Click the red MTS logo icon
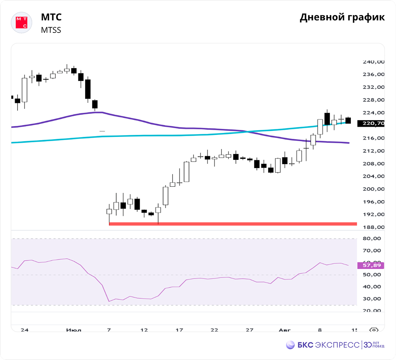click(x=21, y=23)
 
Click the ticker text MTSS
click(x=51, y=30)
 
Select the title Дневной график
click(x=342, y=17)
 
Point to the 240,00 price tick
click(x=373, y=62)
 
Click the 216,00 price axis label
click(x=373, y=138)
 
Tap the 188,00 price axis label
click(x=373, y=227)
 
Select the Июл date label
click(x=74, y=330)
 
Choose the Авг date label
click(x=284, y=330)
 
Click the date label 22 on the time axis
click(x=214, y=330)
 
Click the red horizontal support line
click(x=232, y=224)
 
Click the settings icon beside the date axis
click(x=373, y=330)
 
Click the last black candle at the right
click(x=348, y=120)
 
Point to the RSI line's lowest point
click(x=109, y=301)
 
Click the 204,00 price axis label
click(x=373, y=176)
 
